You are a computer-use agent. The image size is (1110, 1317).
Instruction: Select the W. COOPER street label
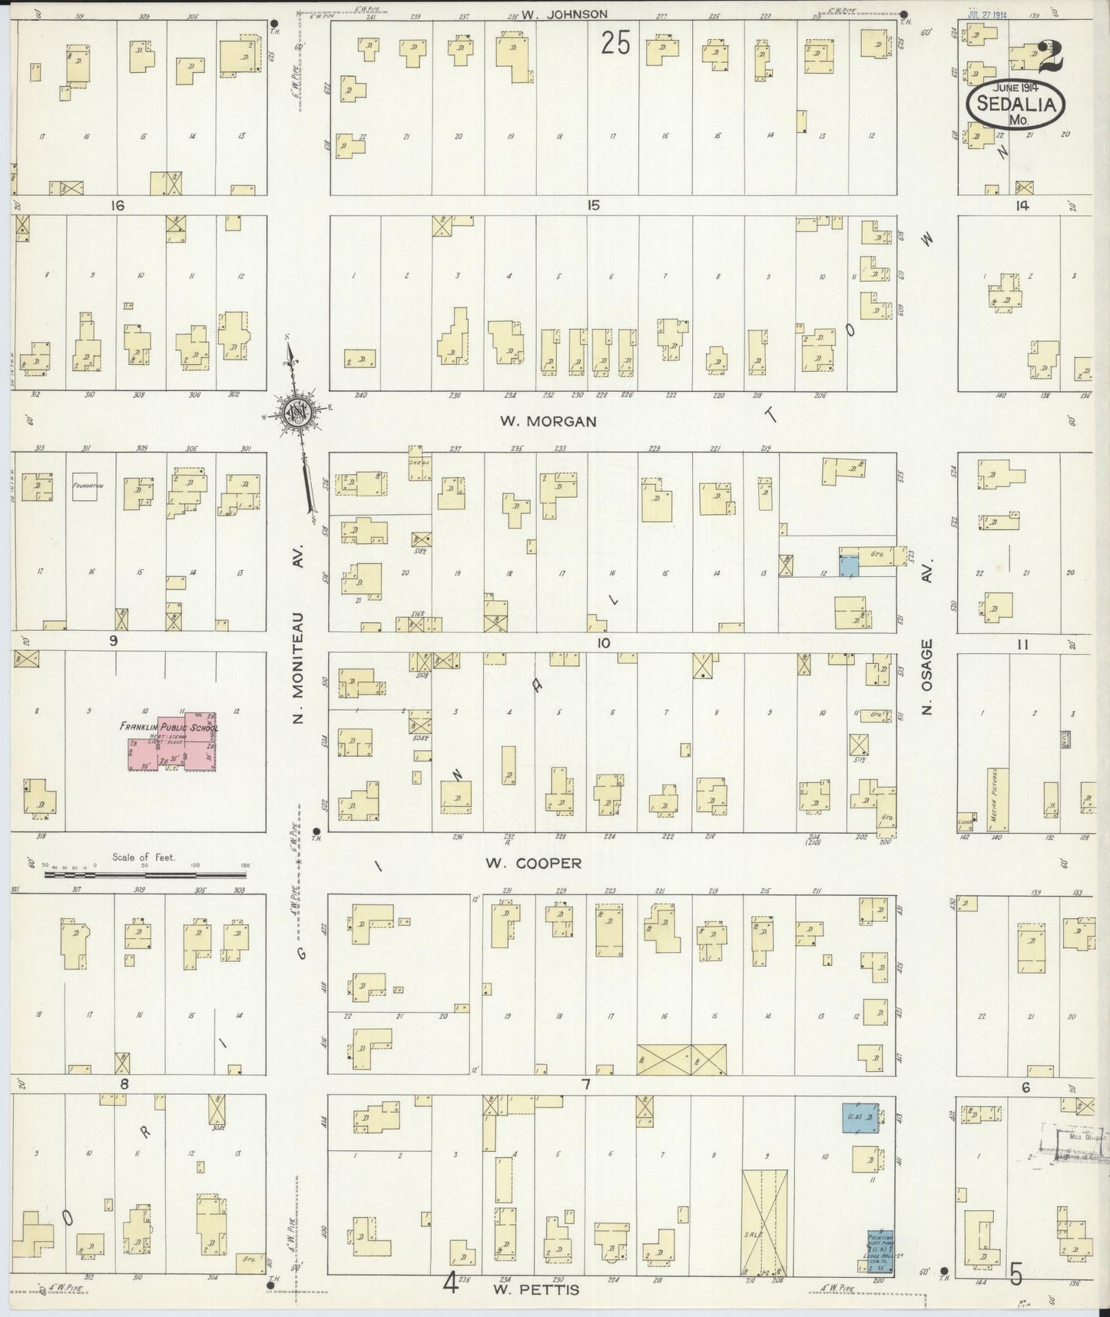533,863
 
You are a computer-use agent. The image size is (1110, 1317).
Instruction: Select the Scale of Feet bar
146,874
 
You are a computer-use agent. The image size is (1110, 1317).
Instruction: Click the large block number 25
615,44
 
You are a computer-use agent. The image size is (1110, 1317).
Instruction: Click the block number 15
592,205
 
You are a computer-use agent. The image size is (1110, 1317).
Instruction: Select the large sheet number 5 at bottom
1016,1276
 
